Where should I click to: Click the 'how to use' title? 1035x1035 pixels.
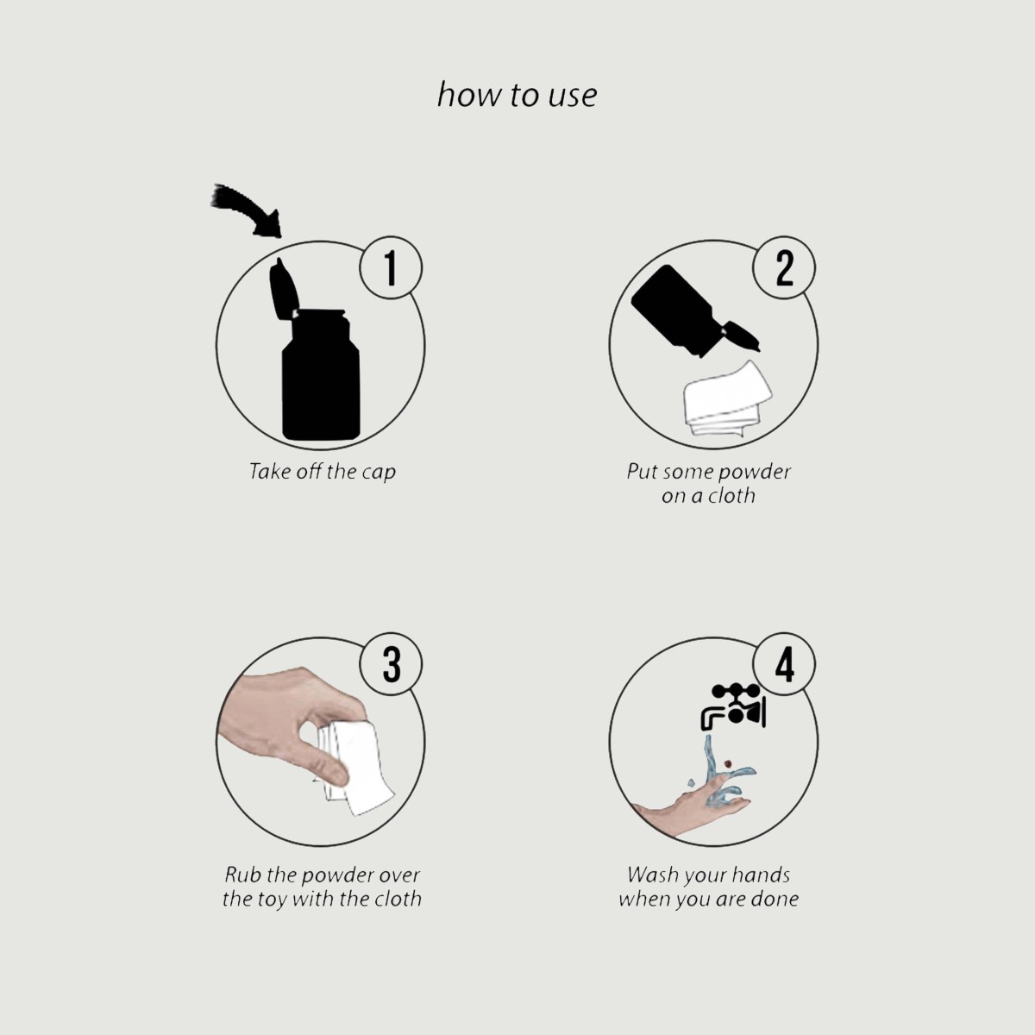click(517, 95)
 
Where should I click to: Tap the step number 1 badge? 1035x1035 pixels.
click(391, 268)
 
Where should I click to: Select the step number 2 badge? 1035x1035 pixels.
click(784, 268)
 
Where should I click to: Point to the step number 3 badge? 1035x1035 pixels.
click(391, 664)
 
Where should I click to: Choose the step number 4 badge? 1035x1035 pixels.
click(784, 664)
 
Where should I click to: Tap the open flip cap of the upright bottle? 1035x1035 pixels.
click(284, 289)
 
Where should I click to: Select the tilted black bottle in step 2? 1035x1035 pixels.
click(693, 311)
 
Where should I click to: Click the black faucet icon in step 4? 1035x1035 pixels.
click(734, 706)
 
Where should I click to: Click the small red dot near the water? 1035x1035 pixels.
click(728, 762)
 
